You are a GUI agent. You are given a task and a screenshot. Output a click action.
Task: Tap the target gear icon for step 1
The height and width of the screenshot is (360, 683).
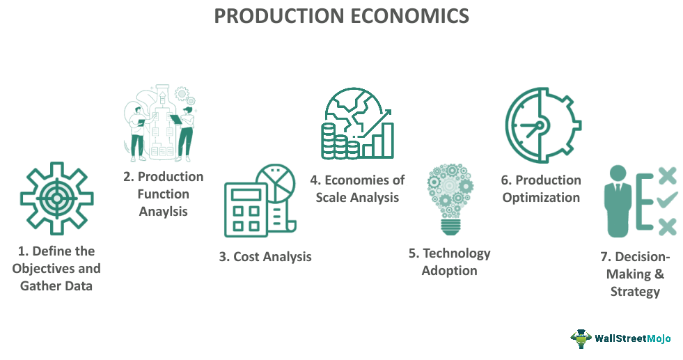(57, 198)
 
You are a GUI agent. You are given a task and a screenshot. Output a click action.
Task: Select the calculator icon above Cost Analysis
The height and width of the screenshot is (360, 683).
(248, 208)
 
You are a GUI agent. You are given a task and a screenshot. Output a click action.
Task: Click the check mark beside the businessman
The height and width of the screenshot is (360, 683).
(666, 201)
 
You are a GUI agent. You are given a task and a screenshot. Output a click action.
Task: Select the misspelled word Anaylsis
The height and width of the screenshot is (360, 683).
(163, 212)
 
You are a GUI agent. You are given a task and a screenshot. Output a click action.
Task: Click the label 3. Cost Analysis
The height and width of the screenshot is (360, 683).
(265, 256)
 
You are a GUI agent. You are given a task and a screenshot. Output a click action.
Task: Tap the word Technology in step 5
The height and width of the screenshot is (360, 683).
(457, 253)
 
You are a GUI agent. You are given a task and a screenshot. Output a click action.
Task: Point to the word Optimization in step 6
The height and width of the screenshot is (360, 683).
(541, 197)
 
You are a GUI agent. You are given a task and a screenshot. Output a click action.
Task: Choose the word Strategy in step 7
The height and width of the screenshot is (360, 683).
(635, 291)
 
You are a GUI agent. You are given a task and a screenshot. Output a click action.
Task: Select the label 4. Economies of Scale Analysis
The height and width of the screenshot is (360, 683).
(357, 189)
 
